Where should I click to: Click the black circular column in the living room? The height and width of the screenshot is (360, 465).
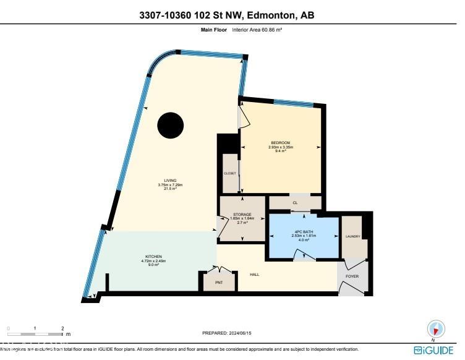[170, 126]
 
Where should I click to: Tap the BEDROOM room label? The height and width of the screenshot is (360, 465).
[280, 143]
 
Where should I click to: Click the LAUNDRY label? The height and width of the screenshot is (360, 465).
[353, 236]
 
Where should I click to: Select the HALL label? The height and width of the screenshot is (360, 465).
[254, 274]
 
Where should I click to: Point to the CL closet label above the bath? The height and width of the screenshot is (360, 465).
[295, 202]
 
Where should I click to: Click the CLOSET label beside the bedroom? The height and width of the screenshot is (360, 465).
[229, 173]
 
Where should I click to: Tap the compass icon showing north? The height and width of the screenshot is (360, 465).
[437, 328]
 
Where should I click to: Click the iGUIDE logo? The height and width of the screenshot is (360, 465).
[433, 351]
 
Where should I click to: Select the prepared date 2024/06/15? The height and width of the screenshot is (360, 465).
[227, 333]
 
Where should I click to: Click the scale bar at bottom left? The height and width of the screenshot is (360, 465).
[35, 333]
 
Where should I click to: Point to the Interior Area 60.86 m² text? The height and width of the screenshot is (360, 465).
[257, 30]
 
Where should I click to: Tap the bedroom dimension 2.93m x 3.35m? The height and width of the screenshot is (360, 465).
[280, 147]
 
